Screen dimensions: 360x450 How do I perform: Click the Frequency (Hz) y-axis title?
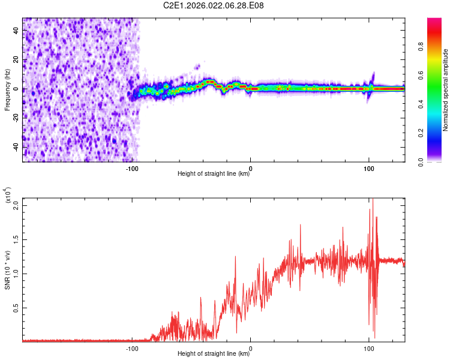pyautogui.click(x=7, y=90)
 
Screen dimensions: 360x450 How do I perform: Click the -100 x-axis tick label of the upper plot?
pyautogui.click(x=133, y=168)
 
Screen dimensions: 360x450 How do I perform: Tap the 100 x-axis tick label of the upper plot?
pyautogui.click(x=368, y=168)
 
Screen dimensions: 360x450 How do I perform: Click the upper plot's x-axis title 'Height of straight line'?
pyautogui.click(x=214, y=174)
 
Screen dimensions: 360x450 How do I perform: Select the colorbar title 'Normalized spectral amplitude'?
pyautogui.click(x=446, y=90)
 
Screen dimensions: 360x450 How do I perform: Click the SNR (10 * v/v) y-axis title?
pyautogui.click(x=7, y=270)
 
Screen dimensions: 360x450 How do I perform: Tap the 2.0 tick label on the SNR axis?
pyautogui.click(x=17, y=205)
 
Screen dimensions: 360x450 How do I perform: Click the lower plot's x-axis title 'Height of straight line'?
pyautogui.click(x=214, y=354)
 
